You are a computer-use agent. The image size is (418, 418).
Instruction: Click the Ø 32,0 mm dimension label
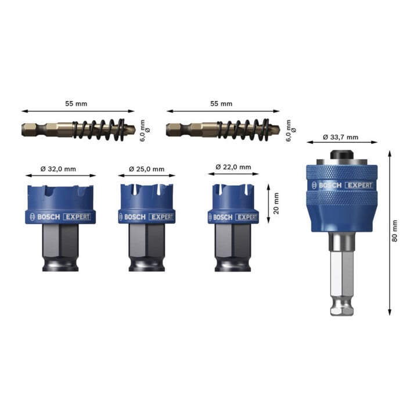58,169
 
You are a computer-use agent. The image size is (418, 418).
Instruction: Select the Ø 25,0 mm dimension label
147,169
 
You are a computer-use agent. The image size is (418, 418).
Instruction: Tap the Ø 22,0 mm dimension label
233,167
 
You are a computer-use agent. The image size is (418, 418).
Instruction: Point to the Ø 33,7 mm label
341,137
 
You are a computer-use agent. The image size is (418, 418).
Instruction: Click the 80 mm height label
395,231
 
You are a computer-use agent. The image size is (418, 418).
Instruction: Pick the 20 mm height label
276,203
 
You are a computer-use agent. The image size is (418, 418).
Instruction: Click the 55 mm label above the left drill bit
76,104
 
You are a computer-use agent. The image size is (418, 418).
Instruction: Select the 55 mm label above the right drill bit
221,104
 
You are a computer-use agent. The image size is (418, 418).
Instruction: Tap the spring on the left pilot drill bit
99,129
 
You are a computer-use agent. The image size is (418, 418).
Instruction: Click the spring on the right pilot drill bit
243,129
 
